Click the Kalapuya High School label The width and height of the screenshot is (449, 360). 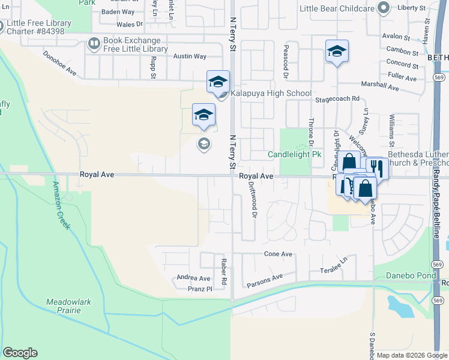click(x=270, y=93)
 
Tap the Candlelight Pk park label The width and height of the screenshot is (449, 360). click(x=294, y=155)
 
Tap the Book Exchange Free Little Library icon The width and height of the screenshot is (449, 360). click(x=94, y=43)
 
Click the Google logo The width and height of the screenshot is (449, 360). click(x=20, y=353)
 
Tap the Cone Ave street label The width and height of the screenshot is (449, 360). click(x=278, y=254)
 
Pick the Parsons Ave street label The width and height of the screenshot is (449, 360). click(x=265, y=278)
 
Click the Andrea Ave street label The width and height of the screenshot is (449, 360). click(x=193, y=278)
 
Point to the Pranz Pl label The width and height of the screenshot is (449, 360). click(x=200, y=289)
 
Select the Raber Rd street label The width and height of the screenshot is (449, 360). click(x=223, y=271)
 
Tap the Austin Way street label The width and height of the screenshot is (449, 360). click(x=190, y=56)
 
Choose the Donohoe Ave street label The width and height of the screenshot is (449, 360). click(x=60, y=62)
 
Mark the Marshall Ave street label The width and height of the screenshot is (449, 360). click(x=379, y=88)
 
